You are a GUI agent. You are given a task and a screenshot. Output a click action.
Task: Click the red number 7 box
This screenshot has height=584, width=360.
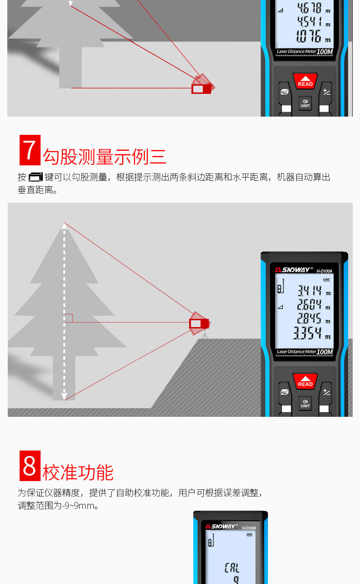pos(30,150)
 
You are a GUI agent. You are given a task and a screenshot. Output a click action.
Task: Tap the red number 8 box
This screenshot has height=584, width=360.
pos(30,466)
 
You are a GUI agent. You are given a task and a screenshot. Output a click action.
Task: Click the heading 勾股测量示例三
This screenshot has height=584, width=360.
pos(104,157)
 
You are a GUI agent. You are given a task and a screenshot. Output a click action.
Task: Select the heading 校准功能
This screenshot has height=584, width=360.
pos(78,472)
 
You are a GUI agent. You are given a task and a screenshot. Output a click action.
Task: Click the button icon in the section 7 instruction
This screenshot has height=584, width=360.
pos(36,177)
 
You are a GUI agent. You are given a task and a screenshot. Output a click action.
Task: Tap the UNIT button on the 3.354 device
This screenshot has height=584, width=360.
pos(305,403)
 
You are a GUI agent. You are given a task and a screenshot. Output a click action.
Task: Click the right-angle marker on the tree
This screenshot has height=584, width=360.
pos(68,318)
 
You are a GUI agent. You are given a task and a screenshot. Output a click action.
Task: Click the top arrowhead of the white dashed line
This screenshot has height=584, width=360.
pos(64,226)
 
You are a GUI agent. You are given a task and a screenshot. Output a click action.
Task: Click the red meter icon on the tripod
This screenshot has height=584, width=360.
pos(199,323)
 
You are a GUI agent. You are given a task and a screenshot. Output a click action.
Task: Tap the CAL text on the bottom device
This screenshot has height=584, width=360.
pos(231,568)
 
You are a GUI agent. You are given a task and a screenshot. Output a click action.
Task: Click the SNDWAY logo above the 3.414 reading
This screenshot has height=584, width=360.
pos(293,270)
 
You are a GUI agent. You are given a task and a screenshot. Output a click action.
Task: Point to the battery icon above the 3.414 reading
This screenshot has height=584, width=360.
pos(326,280)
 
